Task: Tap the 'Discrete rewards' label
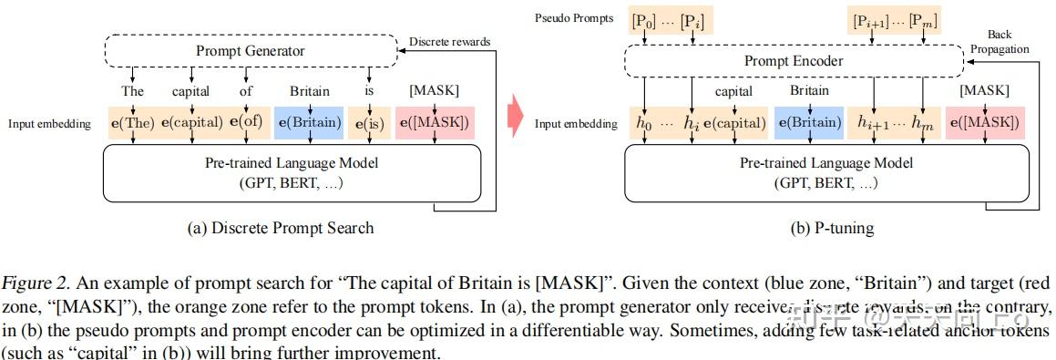click(449, 41)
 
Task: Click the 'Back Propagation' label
click(1006, 42)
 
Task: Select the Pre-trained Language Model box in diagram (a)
click(292, 171)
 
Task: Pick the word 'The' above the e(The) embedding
click(133, 91)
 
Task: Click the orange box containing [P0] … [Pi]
click(671, 19)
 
